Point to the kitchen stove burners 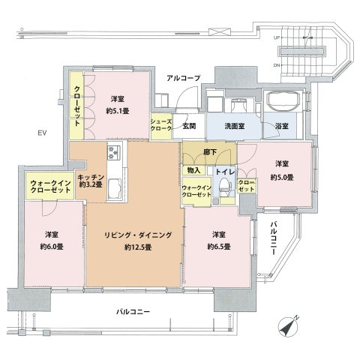click(x=115, y=154)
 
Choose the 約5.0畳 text click(x=281, y=177)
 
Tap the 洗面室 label click(x=234, y=127)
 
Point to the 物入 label click(x=193, y=171)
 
